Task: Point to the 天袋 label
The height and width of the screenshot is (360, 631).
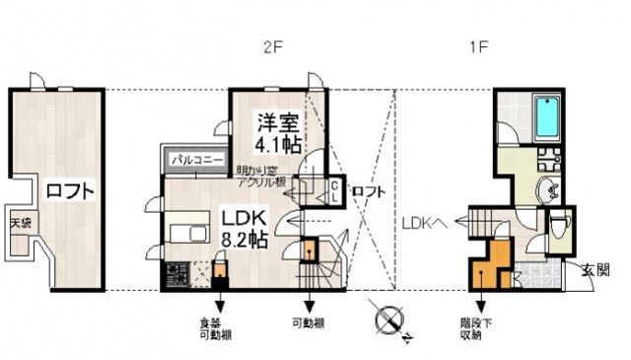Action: tap(21, 222)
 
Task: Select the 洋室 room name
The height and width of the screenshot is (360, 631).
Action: tap(277, 123)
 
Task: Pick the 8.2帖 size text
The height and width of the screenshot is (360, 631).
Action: tap(245, 239)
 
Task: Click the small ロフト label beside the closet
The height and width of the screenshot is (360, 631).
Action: tap(368, 190)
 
